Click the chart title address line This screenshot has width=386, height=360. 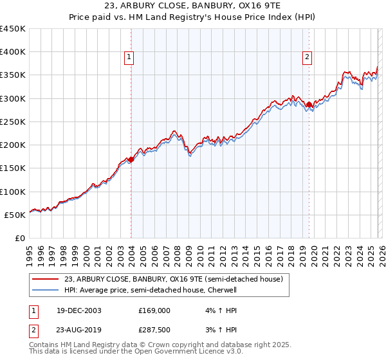pos(193,6)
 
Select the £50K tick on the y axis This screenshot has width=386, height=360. pos(15,215)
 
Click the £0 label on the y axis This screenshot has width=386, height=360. pos(21,238)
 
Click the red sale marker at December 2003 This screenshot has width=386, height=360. pos(131,159)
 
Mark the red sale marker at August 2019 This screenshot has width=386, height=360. pos(309,104)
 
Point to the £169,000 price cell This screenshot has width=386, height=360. pos(154,310)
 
